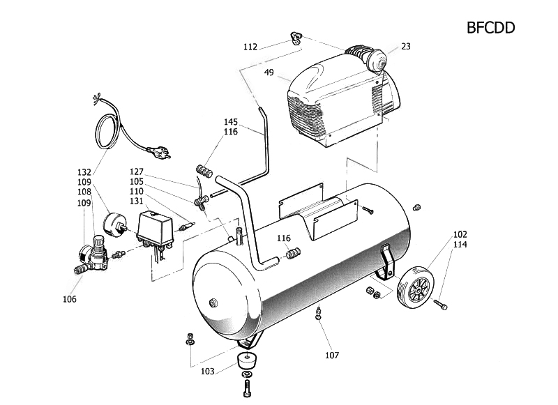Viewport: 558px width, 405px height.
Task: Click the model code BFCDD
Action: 490,28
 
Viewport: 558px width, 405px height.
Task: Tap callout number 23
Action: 406,46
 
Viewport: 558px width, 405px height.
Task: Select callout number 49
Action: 269,72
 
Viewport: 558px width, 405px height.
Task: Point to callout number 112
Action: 250,47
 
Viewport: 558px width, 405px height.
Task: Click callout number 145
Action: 231,122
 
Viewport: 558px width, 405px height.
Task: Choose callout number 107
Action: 332,355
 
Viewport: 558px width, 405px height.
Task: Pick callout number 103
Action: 207,372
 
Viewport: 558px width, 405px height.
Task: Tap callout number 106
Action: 69,299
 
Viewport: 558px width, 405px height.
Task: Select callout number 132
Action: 84,172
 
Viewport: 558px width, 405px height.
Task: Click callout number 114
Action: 460,244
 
